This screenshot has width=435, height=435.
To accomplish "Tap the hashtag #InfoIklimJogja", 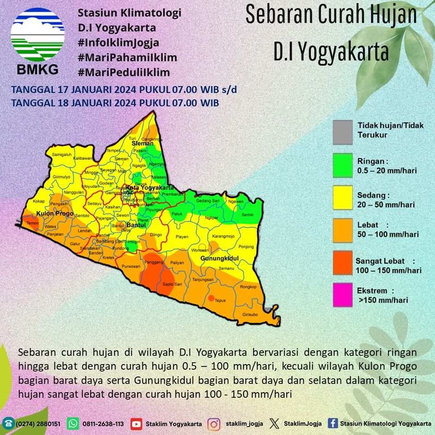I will tap(119, 43).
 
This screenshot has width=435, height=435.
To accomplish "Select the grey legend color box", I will tap(342, 131).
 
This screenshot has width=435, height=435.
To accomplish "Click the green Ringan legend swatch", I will tap(342, 165).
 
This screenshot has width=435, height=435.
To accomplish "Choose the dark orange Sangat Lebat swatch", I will tap(342, 263).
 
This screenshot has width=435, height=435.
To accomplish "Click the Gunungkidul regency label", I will tap(220, 259).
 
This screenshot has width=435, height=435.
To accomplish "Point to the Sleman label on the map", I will tap(143, 144).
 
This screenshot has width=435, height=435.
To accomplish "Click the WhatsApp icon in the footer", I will tap(73, 423).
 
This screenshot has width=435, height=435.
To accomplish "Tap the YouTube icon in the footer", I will tap(136, 423).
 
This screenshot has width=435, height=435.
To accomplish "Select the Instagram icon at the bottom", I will tap(214, 423).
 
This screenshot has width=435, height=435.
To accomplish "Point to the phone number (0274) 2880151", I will tap(38, 424).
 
